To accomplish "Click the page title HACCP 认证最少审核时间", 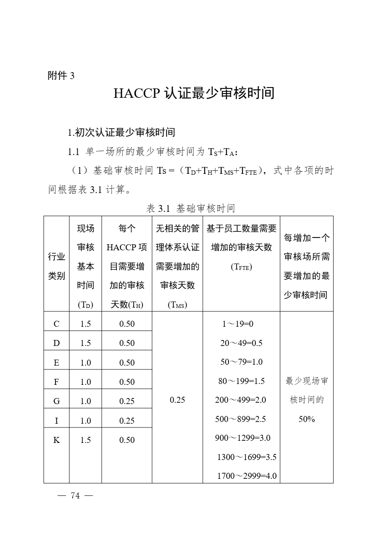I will click(193, 93).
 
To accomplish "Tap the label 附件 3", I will click(61, 76).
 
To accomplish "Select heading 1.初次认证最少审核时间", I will click(121, 132).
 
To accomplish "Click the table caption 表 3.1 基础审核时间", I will click(190, 208).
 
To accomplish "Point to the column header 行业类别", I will click(56, 266).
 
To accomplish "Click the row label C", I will click(56, 324).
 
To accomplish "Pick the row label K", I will click(56, 440).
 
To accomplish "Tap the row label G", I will click(56, 401).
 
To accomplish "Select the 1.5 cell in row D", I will click(85, 343).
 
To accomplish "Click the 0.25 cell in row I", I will click(127, 421).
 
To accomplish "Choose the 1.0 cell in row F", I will click(85, 382).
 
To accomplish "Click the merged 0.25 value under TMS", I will click(177, 400).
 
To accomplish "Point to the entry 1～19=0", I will click(238, 324).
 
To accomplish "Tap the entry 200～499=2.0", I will click(240, 400).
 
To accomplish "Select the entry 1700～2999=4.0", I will click(247, 476).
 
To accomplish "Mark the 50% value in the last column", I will click(307, 419).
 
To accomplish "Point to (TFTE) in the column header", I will click(241, 267).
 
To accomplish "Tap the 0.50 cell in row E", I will click(127, 363).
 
